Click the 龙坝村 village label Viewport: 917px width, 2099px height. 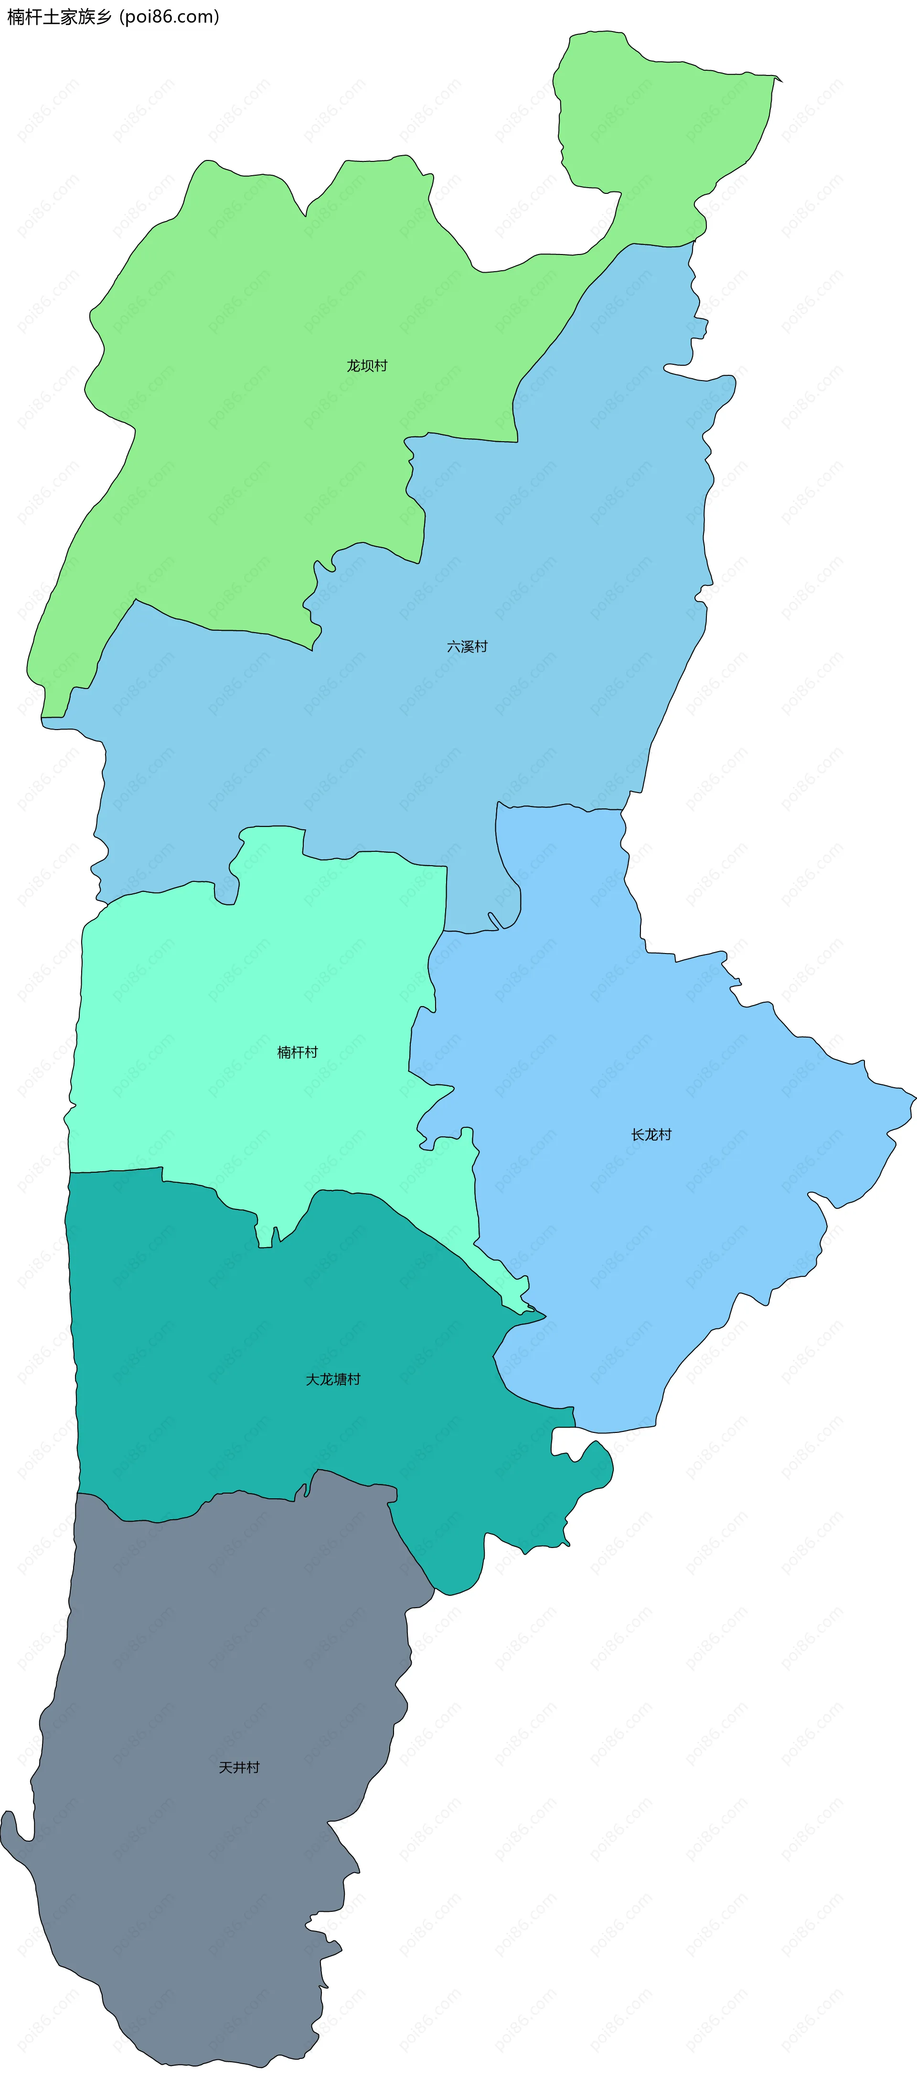point(367,366)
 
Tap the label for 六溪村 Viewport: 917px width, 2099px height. point(467,647)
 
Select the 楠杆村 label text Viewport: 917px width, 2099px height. point(298,1053)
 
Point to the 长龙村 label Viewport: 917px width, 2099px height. point(651,1135)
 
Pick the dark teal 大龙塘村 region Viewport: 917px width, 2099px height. point(245,1385)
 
